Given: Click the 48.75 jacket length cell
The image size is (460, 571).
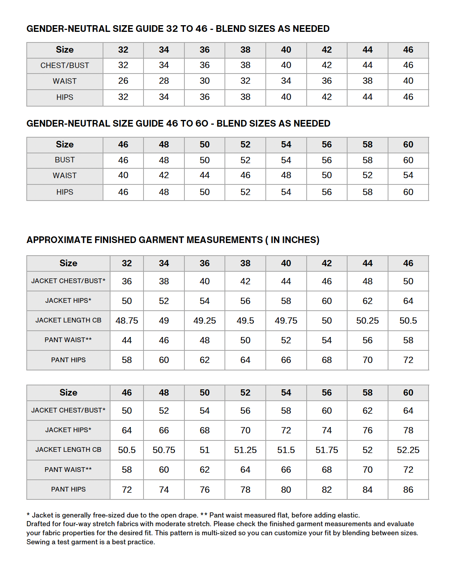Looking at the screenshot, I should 127,321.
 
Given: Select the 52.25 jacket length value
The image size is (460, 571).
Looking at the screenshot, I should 408,450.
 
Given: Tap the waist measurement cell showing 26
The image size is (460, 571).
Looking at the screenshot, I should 123,81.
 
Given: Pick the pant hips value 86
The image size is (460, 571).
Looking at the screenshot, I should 408,490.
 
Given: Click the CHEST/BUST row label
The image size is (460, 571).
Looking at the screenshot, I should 65,66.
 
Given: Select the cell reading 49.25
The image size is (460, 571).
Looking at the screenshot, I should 204,321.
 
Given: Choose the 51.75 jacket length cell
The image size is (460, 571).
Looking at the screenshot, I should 327,450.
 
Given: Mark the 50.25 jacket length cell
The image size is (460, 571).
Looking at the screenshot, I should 367,321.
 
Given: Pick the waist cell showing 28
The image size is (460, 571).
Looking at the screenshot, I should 164,81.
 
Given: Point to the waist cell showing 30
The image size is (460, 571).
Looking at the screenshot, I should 204,81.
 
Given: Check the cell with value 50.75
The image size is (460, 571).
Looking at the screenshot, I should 164,450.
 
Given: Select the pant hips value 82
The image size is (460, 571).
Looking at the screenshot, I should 327,490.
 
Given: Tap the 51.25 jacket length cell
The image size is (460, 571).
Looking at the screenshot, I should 245,450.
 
